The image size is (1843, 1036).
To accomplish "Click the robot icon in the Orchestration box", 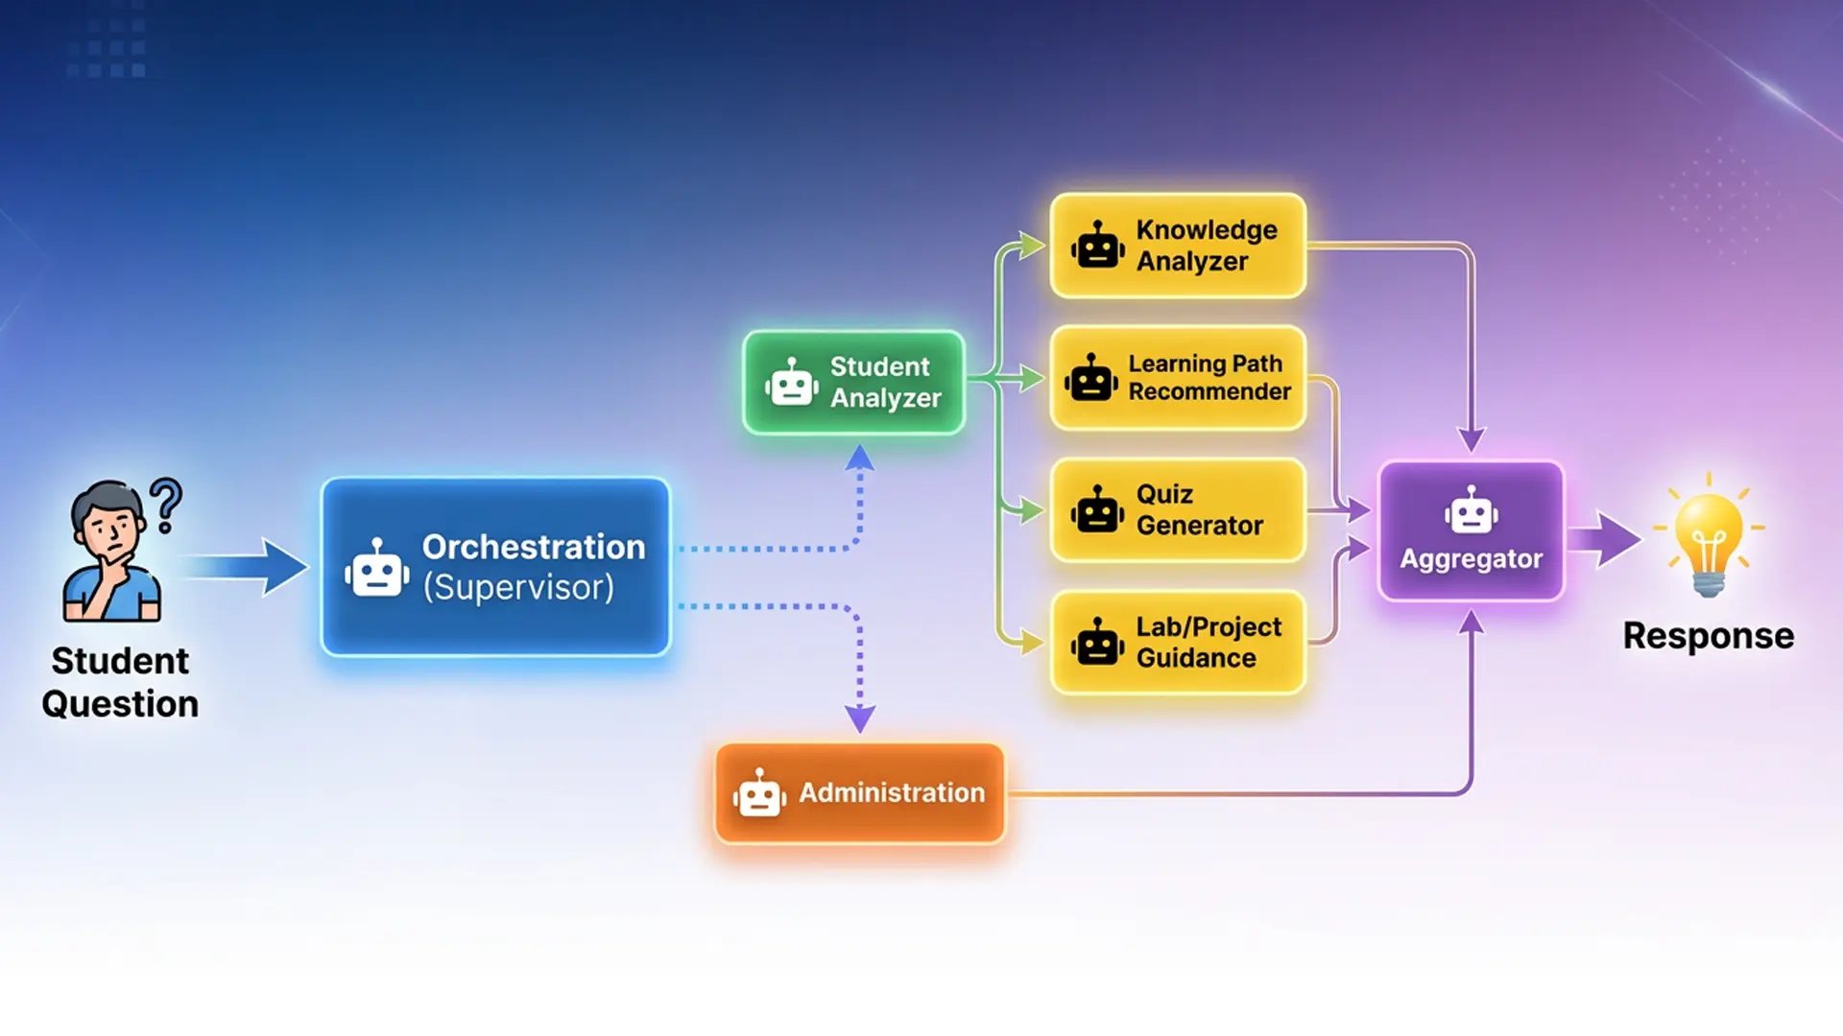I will [376, 569].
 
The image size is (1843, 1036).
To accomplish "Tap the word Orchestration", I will [534, 547].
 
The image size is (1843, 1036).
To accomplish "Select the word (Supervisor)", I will [518, 587].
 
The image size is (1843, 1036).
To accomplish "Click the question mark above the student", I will [167, 505].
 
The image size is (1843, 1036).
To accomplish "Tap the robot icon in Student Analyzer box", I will [791, 383].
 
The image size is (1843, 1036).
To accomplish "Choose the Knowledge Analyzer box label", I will [1207, 246].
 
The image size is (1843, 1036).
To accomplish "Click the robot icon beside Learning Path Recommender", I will [1091, 378].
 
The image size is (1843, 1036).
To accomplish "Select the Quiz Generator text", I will [1199, 509].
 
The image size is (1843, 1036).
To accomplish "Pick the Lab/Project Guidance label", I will [1209, 642].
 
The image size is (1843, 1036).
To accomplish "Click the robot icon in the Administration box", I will [759, 793].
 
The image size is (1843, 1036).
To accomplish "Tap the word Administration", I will [892, 792].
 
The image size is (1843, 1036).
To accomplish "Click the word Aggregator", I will [1471, 558].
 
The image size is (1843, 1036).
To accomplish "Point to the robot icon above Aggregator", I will [1471, 510].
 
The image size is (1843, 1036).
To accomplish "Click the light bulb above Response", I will [1708, 537].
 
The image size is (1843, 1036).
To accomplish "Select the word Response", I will [1708, 636].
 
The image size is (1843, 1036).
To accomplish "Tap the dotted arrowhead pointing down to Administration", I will [859, 718].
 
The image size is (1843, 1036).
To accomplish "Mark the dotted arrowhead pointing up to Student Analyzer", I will [859, 458].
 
